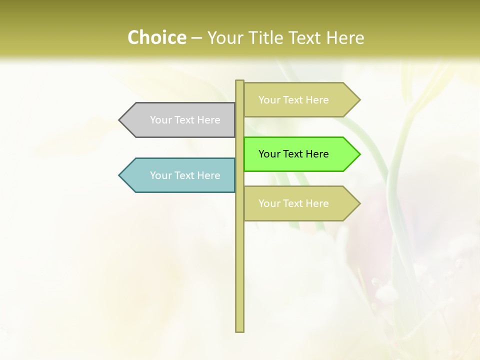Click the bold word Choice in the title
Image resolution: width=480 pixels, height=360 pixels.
point(156,37)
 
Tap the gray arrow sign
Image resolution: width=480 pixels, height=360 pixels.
point(180,120)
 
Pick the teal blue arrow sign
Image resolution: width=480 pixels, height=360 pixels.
point(180,175)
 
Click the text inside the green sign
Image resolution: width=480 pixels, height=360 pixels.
point(293,154)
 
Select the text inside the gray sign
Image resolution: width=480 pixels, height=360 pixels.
point(185,120)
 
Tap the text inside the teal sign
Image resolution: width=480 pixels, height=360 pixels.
point(185,175)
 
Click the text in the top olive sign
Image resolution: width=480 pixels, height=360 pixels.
point(293,100)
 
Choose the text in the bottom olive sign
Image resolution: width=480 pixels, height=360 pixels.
point(293,203)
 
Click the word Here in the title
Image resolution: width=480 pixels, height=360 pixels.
point(345,37)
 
